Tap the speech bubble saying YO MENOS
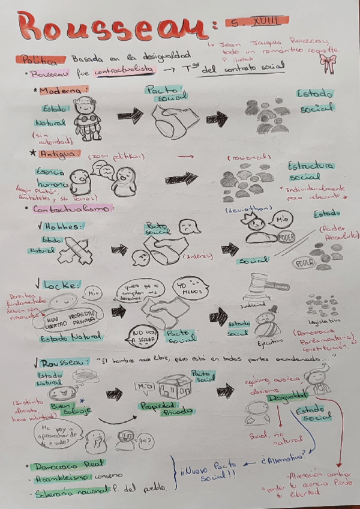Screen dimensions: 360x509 [x=188, y=288]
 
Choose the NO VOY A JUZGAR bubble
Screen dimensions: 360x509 [x=143, y=336]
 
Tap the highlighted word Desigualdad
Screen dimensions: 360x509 [x=287, y=398]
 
